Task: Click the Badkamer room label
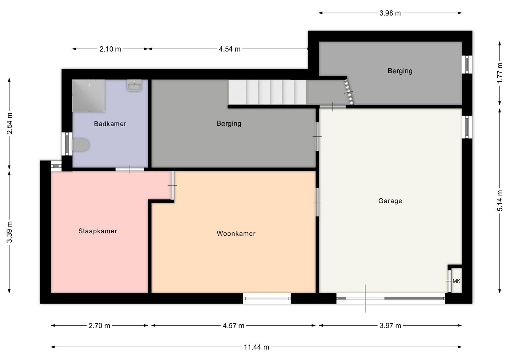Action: point(110,124)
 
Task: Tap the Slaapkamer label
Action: point(98,231)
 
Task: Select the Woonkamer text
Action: point(236,234)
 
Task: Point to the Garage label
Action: point(390,201)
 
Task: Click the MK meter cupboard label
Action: point(456,281)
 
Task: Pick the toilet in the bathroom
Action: point(81,145)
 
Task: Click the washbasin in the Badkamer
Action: point(134,85)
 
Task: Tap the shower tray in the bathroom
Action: point(88,95)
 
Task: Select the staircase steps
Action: point(268,92)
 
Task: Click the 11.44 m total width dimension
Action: point(256,347)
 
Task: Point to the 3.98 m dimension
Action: point(390,13)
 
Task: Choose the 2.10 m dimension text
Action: point(110,49)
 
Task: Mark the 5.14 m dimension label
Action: point(500,201)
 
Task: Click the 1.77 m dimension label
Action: point(500,73)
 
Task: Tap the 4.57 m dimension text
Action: point(233,326)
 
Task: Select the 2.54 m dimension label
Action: point(10,123)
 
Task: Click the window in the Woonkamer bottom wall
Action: point(267,298)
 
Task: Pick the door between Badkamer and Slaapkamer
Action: point(130,169)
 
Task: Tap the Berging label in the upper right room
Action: point(400,71)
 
